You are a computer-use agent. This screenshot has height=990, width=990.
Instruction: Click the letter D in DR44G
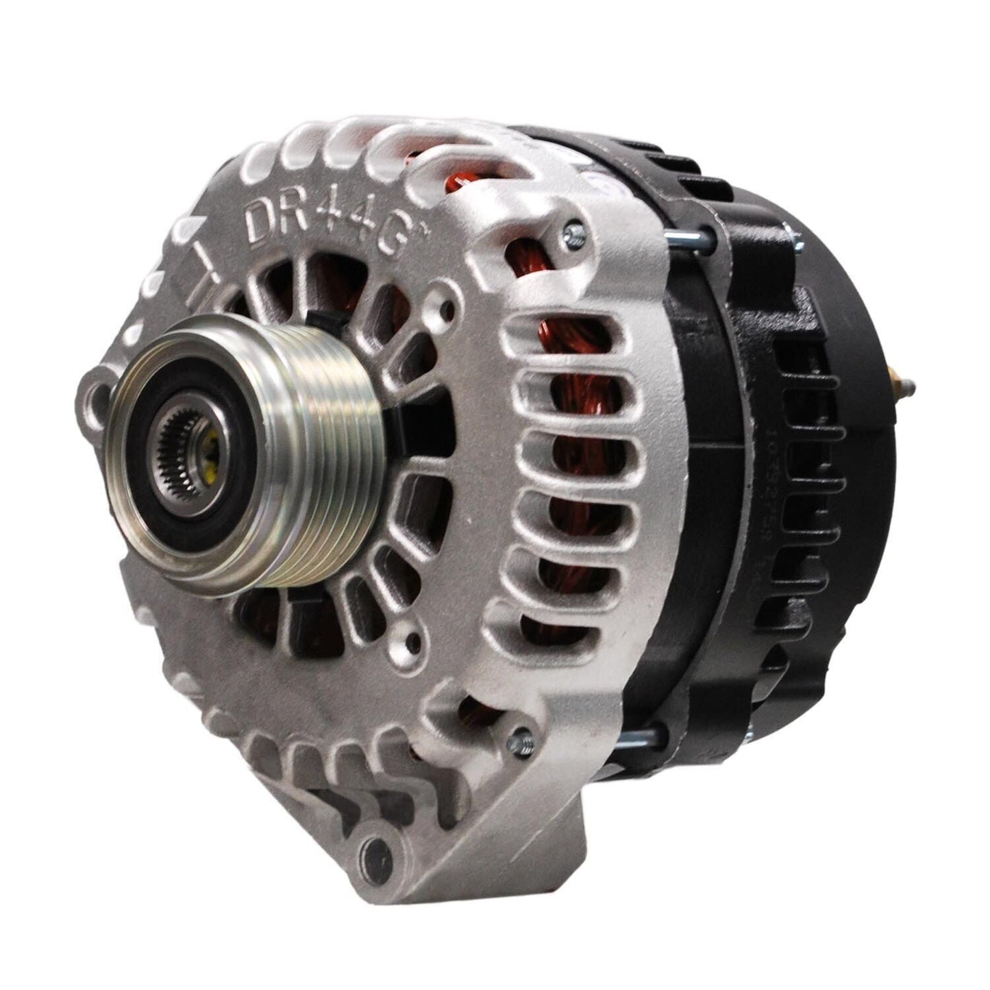click(261, 219)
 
